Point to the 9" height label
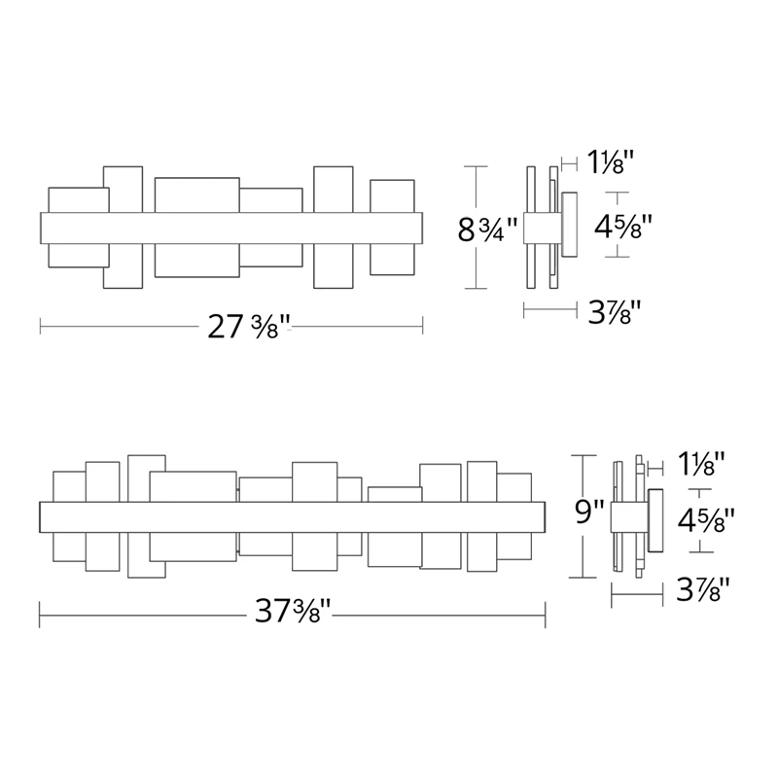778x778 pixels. tap(590, 512)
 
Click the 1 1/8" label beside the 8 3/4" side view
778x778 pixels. tap(612, 160)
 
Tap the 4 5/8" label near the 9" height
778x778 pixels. tap(705, 521)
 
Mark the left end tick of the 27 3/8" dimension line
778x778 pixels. tap(40, 326)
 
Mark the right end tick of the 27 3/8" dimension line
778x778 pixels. tap(423, 326)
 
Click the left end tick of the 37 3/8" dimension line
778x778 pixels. tap(40, 613)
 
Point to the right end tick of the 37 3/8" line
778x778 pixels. tap(545, 613)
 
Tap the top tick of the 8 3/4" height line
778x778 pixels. tap(475, 168)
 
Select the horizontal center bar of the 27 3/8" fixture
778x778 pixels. tap(231, 228)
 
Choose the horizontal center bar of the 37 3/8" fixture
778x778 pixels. tap(292, 515)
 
